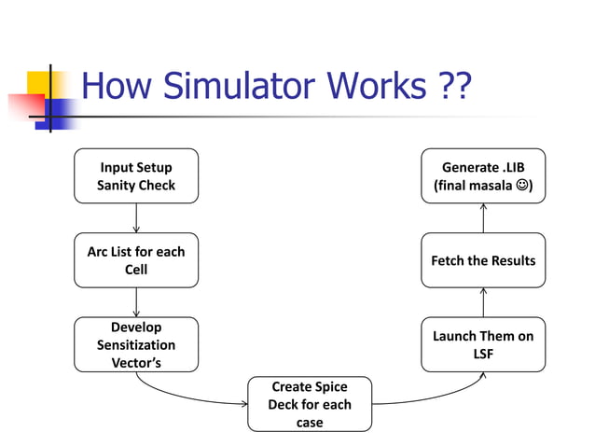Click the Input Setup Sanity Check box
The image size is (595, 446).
click(x=136, y=176)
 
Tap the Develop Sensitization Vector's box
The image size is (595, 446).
click(x=136, y=344)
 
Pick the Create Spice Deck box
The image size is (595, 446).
click(x=309, y=403)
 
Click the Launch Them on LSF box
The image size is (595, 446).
click(x=483, y=344)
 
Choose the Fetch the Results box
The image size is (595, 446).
click(x=483, y=260)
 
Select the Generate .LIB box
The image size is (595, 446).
click(x=483, y=176)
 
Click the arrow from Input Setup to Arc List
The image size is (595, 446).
click(x=136, y=217)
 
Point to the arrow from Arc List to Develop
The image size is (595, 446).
click(x=136, y=301)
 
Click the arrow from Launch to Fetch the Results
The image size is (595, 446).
click(x=483, y=301)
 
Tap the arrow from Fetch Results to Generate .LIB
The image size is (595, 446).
click(x=483, y=217)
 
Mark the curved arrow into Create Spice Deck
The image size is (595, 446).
click(x=187, y=396)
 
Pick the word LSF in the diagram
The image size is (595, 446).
click(x=483, y=354)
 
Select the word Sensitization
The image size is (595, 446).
click(x=136, y=344)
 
